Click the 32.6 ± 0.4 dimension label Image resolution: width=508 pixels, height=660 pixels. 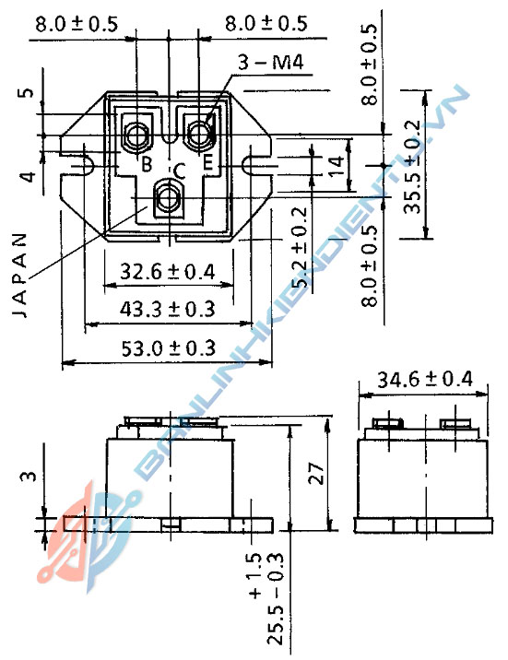[168, 271]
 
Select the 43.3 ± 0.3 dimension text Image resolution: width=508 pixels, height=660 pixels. [167, 309]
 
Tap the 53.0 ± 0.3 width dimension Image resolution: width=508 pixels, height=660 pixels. [167, 348]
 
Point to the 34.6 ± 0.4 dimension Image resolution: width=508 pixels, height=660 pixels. [425, 380]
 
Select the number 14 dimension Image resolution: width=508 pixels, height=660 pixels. [336, 167]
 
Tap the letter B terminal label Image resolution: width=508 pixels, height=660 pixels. [146, 165]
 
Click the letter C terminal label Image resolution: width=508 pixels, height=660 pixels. [179, 169]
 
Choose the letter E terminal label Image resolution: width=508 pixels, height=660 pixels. [207, 165]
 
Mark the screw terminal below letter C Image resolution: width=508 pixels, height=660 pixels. [168, 196]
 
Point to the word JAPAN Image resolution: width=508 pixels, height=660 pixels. [22, 274]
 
